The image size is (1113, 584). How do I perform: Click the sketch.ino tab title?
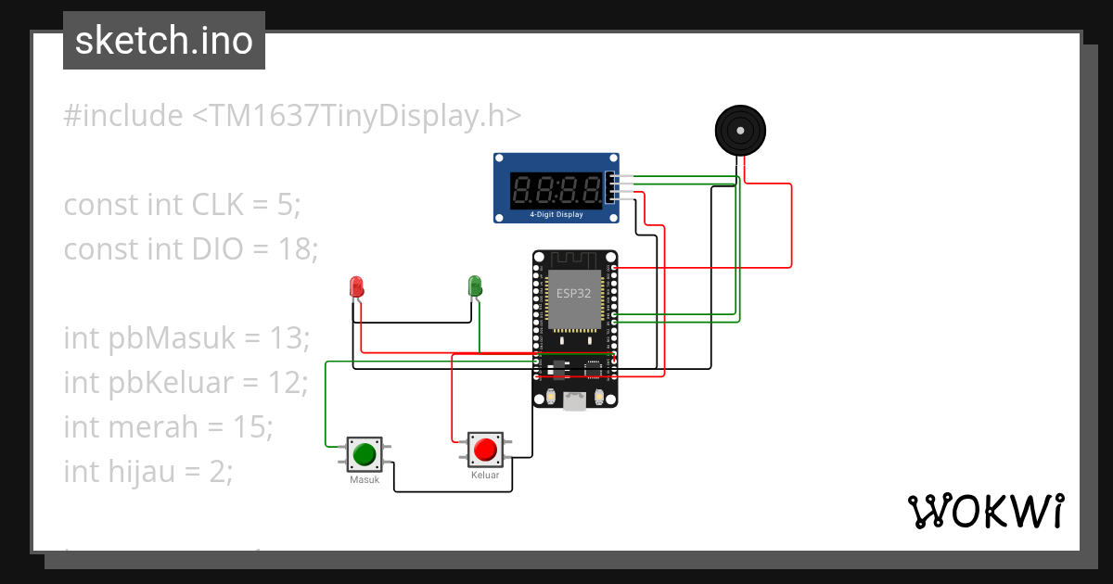pos(164,41)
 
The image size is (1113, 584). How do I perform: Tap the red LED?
pos(356,286)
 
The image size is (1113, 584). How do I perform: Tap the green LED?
pos(475,286)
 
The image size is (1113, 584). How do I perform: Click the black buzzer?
pos(741,130)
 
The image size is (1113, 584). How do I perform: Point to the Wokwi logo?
pos(985,511)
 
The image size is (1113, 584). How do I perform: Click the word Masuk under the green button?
pos(365,480)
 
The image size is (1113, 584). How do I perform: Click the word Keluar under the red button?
pos(485,476)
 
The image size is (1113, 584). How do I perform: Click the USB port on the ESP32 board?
pos(575,401)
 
